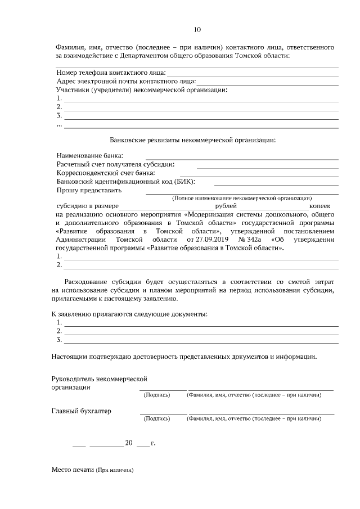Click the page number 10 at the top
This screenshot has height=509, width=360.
(x=197, y=30)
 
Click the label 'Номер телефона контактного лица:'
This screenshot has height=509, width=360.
(x=111, y=73)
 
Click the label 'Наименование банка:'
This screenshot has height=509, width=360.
(x=90, y=155)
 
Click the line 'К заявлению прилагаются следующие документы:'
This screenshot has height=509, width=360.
(x=129, y=313)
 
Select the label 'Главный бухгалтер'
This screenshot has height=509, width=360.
(x=81, y=411)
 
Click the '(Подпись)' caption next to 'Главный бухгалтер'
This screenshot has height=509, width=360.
(x=157, y=418)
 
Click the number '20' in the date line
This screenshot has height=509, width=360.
(x=129, y=443)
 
